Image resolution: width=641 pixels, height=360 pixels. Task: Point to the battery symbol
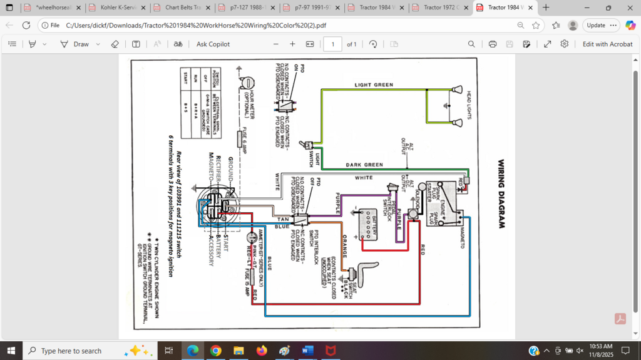367,224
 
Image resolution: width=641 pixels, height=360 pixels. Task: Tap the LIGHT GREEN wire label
374,85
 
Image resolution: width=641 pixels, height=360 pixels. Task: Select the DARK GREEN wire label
364,165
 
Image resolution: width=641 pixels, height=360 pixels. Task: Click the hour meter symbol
246,85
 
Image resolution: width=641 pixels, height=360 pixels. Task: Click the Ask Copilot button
213,44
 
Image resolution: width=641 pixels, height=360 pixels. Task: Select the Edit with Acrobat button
607,44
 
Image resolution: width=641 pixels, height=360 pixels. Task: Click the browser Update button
595,25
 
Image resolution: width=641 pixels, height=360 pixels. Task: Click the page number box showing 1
332,44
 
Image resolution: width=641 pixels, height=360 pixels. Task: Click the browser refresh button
26,25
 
